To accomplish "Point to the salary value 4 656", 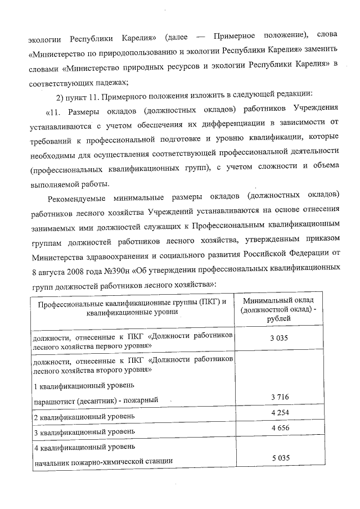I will [x=280, y=429].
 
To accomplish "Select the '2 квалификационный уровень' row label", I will [x=84, y=417].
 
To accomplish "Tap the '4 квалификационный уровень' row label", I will [x=84, y=447].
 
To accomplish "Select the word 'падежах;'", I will [x=112, y=82].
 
